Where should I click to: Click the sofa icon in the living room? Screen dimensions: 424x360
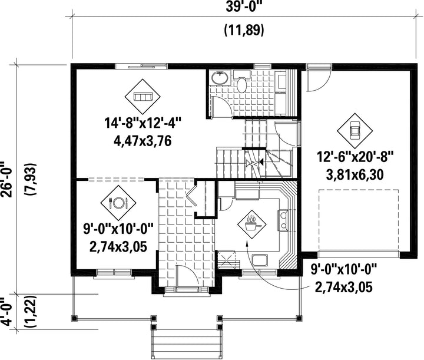tap(143, 97)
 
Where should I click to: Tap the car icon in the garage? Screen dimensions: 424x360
tap(355, 131)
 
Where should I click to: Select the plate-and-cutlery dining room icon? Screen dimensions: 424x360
tap(118, 203)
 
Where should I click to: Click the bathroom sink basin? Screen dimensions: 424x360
tap(220, 78)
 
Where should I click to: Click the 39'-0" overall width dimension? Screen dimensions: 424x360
tap(244, 6)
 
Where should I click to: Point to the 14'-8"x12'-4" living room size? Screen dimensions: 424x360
tap(143, 124)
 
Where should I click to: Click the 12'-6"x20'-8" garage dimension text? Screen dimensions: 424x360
tap(355, 157)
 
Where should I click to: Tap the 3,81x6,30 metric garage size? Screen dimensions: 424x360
tap(355, 175)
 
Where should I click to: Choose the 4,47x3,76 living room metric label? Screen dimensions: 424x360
tap(143, 141)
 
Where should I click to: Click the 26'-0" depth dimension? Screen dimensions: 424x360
tap(6, 179)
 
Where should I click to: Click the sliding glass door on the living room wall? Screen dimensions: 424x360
tap(141, 66)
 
